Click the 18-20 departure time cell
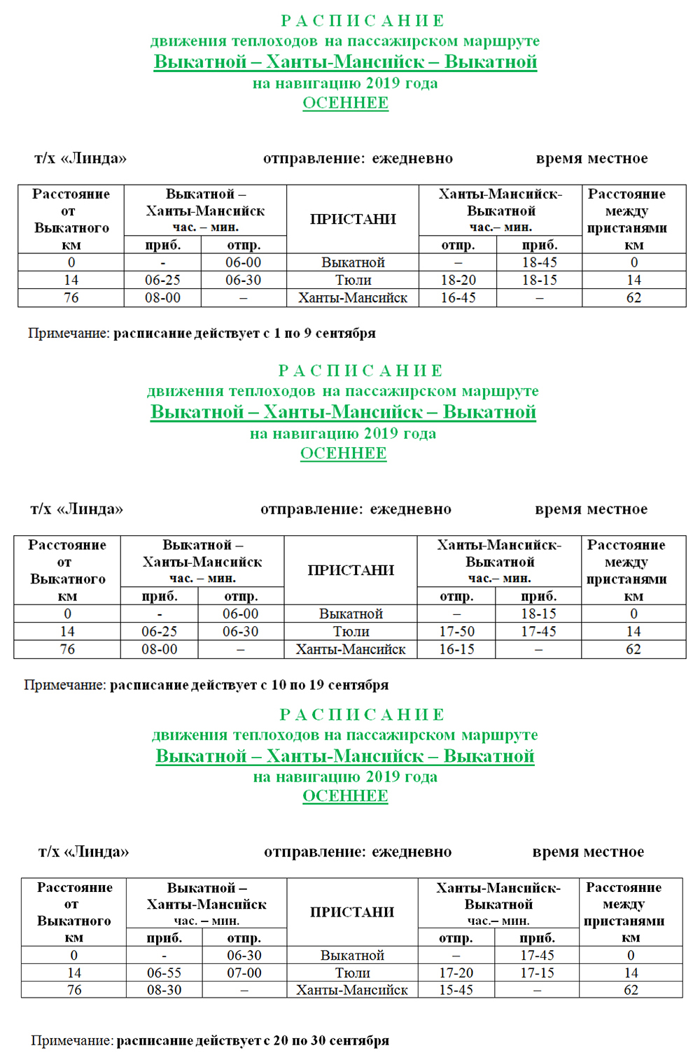point(458,280)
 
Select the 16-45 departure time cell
point(458,297)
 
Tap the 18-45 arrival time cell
point(540,262)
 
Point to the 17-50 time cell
point(456,631)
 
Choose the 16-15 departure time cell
point(456,649)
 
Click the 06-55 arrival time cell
point(164,972)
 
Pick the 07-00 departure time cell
point(244,972)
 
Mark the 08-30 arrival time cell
point(164,990)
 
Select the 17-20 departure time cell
point(456,972)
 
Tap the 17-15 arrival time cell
point(538,972)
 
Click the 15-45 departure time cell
point(456,990)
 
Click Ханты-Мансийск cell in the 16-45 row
point(353,297)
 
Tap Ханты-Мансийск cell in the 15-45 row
point(352,990)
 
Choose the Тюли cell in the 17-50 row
point(351,631)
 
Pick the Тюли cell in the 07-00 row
point(352,972)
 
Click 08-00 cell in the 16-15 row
point(160,649)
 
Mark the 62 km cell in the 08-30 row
point(631,990)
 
